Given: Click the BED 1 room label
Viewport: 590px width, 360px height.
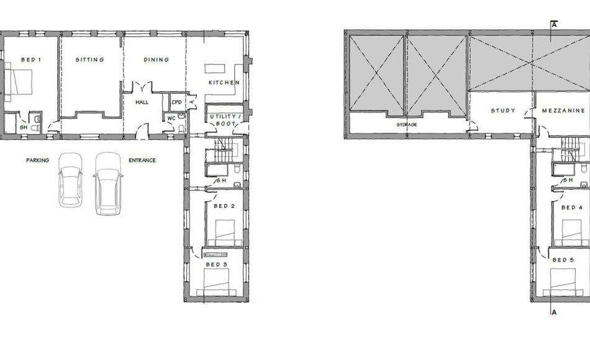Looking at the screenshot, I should click(31, 60).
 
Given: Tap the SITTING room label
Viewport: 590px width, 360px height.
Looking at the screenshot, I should click(89, 60).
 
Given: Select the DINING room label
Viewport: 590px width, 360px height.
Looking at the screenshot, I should click(156, 60).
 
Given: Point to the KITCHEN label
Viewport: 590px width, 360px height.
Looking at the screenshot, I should click(224, 83).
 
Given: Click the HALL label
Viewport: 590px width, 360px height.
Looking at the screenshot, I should click(142, 102).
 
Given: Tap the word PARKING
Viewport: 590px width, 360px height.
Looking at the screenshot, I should click(37, 160).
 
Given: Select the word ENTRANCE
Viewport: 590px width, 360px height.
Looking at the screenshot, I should click(142, 160).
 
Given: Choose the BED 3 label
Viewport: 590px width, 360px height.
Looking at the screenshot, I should click(217, 264).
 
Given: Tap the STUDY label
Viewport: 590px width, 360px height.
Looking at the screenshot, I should click(503, 111).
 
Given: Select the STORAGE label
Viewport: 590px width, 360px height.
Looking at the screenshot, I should click(407, 125).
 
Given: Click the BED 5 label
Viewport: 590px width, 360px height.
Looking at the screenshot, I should click(563, 260).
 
